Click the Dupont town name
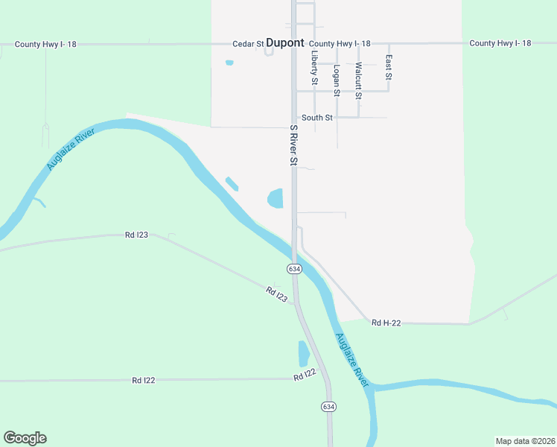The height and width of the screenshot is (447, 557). pos(285,43)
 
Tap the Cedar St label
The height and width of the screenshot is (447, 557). pos(248,44)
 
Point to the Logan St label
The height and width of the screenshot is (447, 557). pos(337,80)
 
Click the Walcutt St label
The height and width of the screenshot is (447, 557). pos(358,80)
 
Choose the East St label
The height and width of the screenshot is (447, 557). pos(388,67)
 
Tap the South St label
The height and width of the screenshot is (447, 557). pos(316,118)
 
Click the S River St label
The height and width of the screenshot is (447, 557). pos(293,145)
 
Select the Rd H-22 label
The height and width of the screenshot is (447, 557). pos(386,323)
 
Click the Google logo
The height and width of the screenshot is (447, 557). pos(25,438)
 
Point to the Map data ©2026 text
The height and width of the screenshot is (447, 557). pos(524,440)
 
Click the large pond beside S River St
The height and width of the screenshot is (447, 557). pos(275,198)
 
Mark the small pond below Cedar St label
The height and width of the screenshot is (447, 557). pos(229,63)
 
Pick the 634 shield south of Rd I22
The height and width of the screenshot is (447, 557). pos(328,406)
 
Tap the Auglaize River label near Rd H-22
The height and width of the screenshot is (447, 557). pos(351,359)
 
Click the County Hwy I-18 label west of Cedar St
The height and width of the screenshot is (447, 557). pos(45,45)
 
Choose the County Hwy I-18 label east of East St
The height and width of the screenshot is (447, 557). pos(500,43)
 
